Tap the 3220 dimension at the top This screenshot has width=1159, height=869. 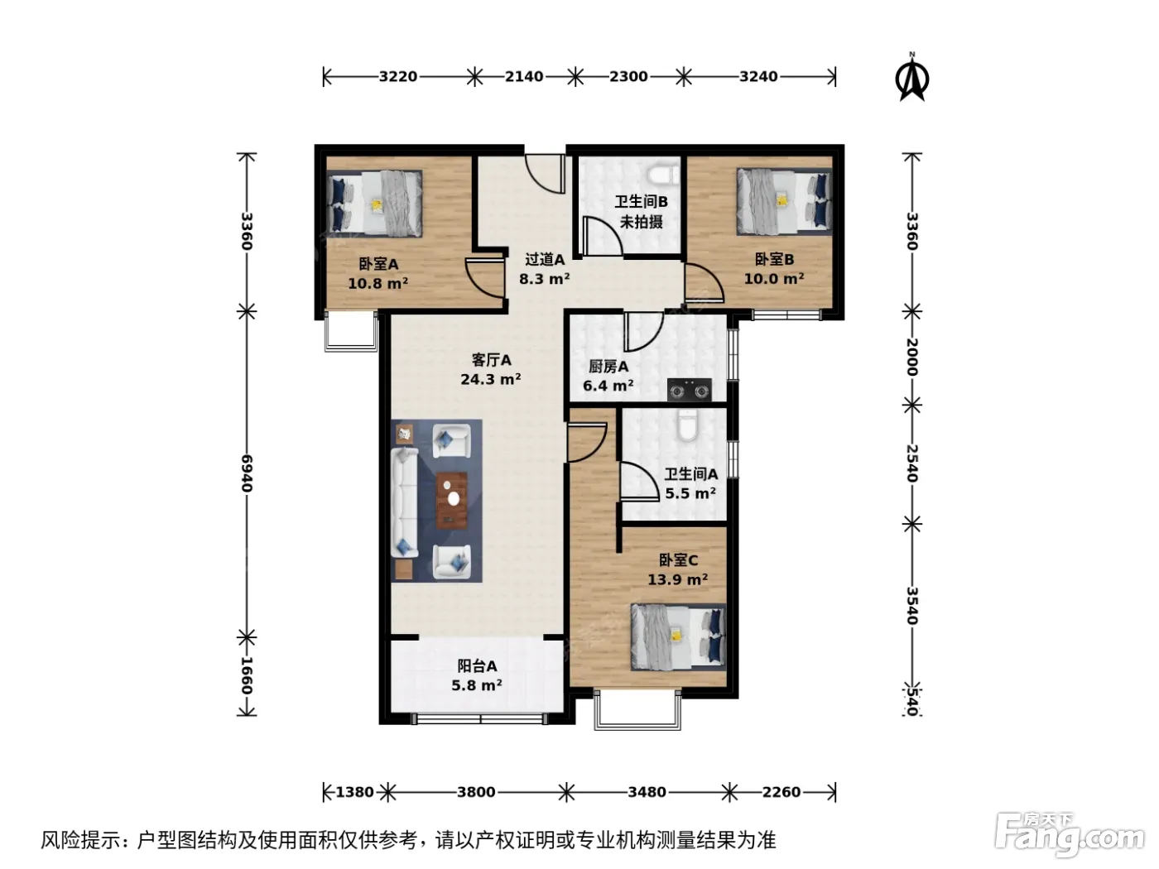click(398, 76)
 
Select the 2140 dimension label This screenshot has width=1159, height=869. click(524, 76)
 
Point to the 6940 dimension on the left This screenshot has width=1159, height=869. click(247, 473)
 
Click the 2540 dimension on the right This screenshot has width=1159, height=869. click(912, 463)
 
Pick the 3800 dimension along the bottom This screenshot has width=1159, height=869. click(476, 792)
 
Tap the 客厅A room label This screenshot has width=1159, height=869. click(491, 360)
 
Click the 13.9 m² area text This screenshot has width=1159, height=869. click(678, 580)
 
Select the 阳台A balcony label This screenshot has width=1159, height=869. click(477, 666)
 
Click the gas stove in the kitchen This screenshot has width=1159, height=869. click(689, 390)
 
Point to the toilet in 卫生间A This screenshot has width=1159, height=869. click(688, 425)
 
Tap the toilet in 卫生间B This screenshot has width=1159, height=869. click(662, 174)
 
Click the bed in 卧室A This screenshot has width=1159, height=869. click(374, 203)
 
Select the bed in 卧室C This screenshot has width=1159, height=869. click(679, 637)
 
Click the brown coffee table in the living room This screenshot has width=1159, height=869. click(451, 500)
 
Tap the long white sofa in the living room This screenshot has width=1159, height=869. click(405, 502)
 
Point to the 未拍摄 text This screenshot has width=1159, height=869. click(641, 222)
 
